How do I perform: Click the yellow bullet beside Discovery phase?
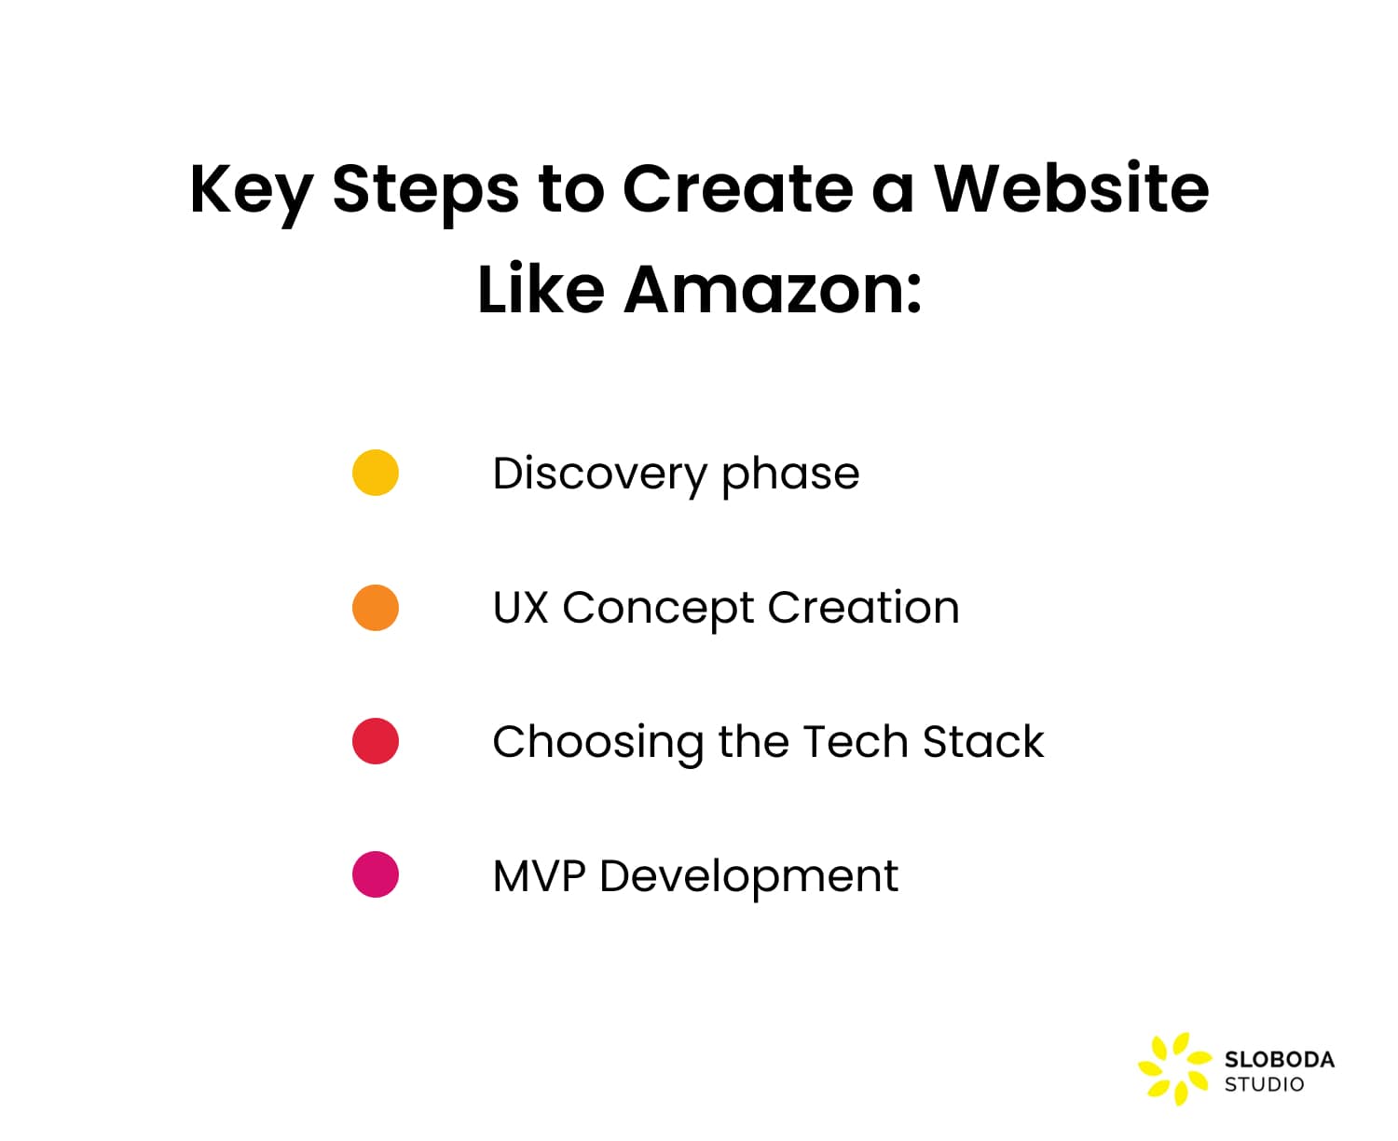pos(376,473)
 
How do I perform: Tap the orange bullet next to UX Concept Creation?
pos(376,608)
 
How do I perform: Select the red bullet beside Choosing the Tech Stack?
pos(376,741)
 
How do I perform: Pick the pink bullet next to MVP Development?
pos(376,874)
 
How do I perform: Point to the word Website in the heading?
pos(1071,189)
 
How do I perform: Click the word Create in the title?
pos(737,189)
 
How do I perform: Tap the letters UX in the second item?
pos(520,608)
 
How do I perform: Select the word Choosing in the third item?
pos(597,743)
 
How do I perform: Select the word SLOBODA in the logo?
pos(1279,1060)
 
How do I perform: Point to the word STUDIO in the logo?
pos(1264,1084)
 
